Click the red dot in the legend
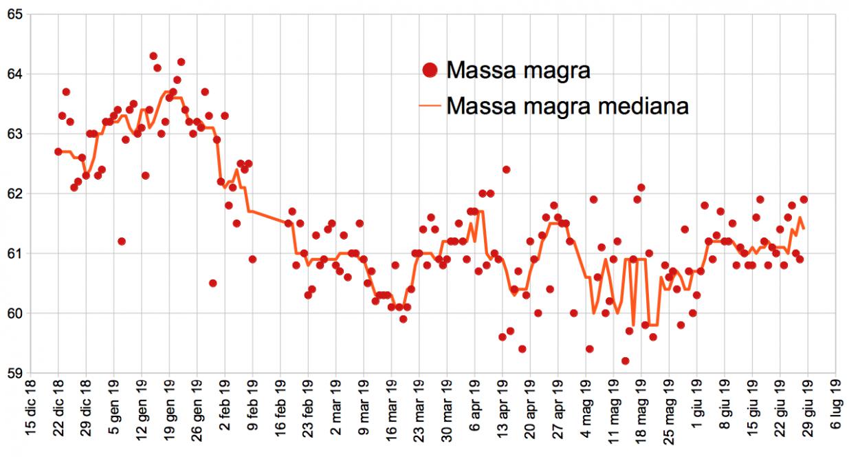430,70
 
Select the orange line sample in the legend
430,107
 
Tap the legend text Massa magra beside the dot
518,70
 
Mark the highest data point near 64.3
153,56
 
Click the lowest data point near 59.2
625,361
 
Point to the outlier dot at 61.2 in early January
122,241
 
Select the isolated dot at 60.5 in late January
213,283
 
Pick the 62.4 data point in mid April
506,169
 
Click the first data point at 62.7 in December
58,151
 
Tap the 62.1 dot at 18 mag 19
641,187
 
